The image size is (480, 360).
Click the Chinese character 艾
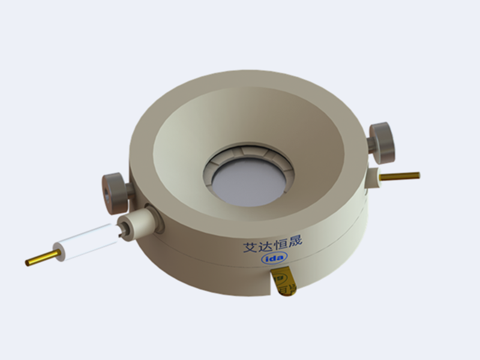point(250,247)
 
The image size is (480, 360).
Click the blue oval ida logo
point(275,258)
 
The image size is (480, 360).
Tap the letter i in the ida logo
point(267,259)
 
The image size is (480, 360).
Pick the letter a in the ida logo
point(281,257)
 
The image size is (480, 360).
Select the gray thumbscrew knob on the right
point(382,143)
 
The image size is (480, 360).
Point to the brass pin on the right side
point(400,176)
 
